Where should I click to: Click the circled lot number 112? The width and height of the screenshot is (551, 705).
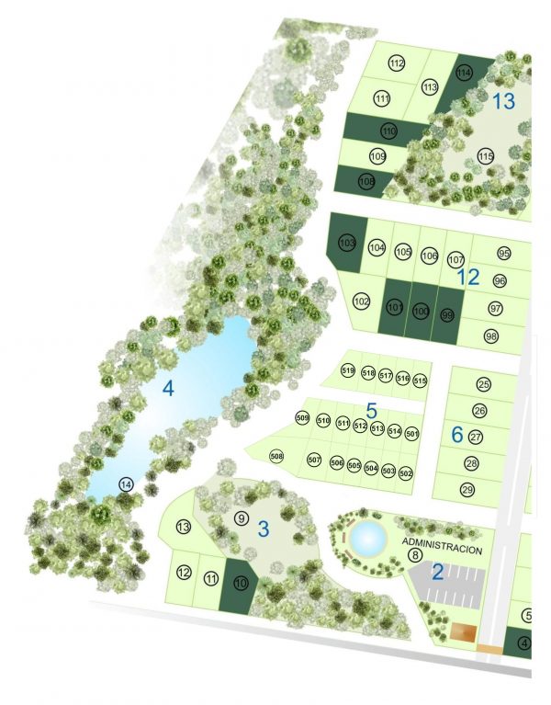pos(397,63)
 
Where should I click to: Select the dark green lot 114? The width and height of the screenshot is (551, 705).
pos(464,74)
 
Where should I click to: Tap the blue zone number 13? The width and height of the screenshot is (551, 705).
pos(503,101)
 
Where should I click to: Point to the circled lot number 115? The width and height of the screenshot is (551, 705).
pos(486,155)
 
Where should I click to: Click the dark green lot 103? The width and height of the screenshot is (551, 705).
pos(346,244)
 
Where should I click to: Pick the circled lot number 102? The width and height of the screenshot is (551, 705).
pos(362,301)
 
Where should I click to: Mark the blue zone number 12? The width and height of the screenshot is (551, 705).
pos(468,277)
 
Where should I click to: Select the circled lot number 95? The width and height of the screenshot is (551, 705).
pos(504,253)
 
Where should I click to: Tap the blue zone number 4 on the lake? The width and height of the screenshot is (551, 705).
pos(167,388)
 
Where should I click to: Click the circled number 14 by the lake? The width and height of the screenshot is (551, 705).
pos(126,483)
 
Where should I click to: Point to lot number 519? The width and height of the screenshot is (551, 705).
pos(348,371)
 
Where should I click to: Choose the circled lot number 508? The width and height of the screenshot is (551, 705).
pos(276,456)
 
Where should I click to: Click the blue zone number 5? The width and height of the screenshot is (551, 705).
pos(371,410)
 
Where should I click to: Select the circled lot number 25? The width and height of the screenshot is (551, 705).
pos(483,384)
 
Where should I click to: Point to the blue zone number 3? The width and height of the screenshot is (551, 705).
pos(263,529)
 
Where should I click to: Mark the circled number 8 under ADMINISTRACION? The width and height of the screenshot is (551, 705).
pos(415,554)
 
